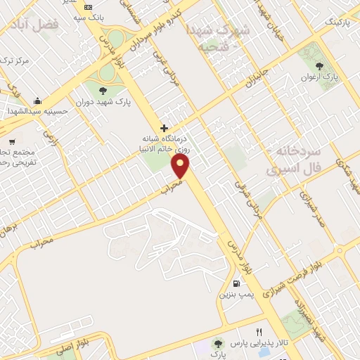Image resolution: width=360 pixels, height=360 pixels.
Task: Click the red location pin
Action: [x=181, y=166]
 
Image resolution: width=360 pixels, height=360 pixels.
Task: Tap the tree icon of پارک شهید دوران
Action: [x=103, y=90]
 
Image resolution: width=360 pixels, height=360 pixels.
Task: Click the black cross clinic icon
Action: [x=165, y=129]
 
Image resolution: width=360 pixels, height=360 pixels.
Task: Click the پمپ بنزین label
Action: [x=233, y=295]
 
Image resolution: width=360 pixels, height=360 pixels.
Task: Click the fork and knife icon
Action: [x=259, y=332]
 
